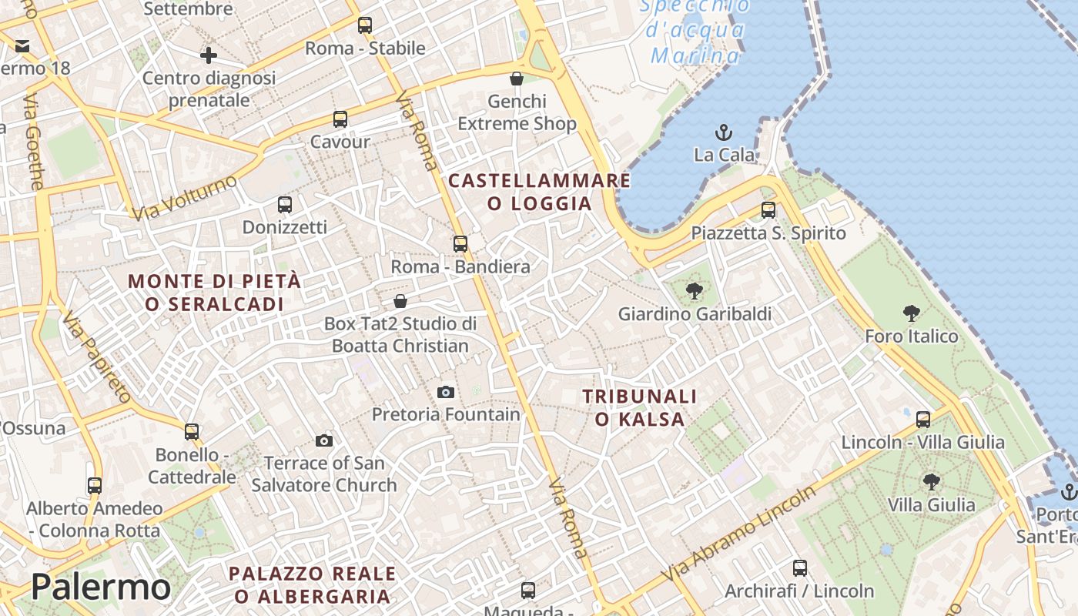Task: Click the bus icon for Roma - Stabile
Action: (x=365, y=25)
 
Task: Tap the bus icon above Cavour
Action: (x=340, y=119)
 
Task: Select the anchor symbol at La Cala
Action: (x=724, y=132)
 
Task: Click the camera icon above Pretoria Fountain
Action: (x=445, y=393)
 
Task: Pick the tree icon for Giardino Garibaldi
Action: (x=695, y=291)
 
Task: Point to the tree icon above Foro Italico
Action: (x=912, y=313)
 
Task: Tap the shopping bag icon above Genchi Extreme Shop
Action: (x=517, y=79)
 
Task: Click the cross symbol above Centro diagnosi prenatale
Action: (x=208, y=55)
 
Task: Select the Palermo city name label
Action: (x=100, y=588)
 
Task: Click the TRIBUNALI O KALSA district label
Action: (x=639, y=408)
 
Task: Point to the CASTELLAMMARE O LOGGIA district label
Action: (x=539, y=192)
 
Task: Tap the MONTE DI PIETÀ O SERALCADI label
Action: (x=215, y=293)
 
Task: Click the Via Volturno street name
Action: (x=185, y=197)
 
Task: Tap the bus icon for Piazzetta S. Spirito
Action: (x=768, y=210)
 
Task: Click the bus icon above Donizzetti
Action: (x=285, y=205)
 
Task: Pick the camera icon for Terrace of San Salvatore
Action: (x=324, y=441)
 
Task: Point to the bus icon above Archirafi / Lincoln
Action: (x=800, y=569)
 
